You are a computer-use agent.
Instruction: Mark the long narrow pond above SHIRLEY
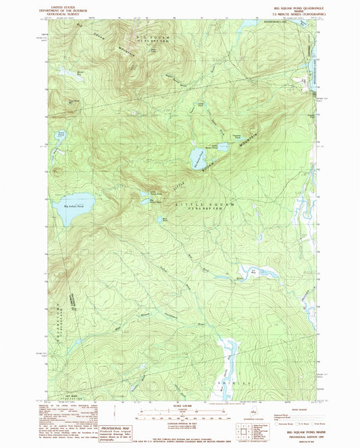pos(228,354)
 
